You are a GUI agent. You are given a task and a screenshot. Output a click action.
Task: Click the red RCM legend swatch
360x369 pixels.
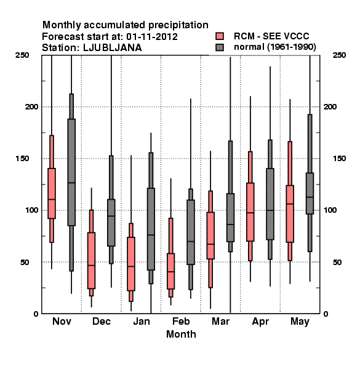pos(220,36)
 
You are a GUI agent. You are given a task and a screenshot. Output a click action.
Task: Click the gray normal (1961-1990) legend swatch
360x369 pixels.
pos(220,47)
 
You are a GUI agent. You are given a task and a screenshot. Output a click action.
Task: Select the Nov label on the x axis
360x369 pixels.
pos(62,321)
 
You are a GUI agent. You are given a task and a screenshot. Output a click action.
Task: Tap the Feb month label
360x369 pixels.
pos(181,321)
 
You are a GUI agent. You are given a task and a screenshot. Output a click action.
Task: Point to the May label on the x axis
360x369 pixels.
pos(300,322)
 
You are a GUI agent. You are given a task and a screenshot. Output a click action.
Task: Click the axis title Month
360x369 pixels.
pos(181,334)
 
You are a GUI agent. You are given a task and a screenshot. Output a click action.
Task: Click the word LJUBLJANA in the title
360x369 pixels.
pos(113,48)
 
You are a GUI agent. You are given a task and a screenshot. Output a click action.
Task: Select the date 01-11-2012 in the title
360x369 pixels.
pos(152,37)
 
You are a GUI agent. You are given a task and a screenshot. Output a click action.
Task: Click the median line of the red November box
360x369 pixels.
pos(52,199)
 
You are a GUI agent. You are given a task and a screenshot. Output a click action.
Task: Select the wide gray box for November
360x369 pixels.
pos(71,172)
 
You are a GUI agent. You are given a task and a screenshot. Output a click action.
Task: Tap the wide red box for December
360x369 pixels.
pos(91,261)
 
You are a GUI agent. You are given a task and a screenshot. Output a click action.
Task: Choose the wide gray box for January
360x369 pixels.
pos(151,229)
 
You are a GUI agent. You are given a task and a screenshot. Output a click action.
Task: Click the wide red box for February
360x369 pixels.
pos(170,271)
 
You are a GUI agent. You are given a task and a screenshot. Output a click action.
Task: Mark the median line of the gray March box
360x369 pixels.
pos(230,224)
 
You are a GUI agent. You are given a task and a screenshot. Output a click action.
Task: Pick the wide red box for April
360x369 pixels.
pos(250,212)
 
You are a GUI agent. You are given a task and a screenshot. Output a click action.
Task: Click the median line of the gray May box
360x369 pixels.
pos(310,197)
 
